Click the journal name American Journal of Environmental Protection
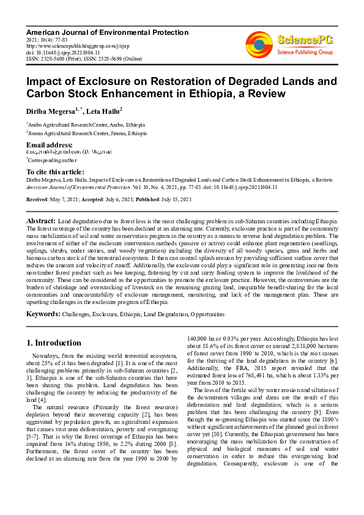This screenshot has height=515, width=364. [107, 32]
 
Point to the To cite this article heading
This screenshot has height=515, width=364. [55, 172]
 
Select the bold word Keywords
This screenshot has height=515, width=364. [42, 314]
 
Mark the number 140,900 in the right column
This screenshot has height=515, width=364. [198, 337]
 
